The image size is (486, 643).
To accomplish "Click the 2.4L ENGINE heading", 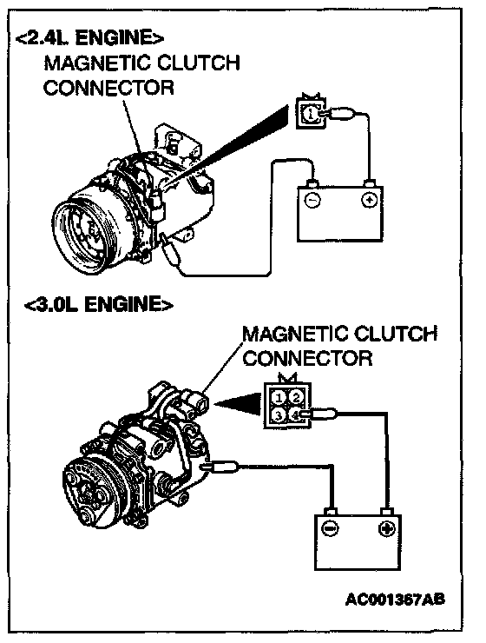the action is click(x=89, y=37).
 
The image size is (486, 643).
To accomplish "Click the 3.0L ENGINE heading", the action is click(x=99, y=305).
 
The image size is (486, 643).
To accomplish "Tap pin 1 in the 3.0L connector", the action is click(x=279, y=397).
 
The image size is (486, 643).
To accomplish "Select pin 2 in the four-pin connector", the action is click(x=296, y=397).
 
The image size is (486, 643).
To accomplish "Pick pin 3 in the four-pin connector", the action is click(x=279, y=415).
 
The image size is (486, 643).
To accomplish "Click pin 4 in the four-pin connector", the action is click(x=295, y=415).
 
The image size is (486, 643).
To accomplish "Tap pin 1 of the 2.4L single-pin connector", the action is click(x=311, y=113).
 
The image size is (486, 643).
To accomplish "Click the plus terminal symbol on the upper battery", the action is click(x=370, y=200).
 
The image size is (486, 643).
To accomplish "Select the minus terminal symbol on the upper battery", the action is click(x=312, y=200).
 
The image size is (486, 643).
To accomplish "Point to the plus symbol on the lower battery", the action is click(x=386, y=528).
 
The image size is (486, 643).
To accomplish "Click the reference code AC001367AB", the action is click(x=395, y=600).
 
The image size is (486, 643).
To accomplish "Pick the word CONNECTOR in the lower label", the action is click(x=307, y=358).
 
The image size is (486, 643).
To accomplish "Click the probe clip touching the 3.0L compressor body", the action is click(x=220, y=466).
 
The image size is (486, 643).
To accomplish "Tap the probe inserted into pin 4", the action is click(x=319, y=414).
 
